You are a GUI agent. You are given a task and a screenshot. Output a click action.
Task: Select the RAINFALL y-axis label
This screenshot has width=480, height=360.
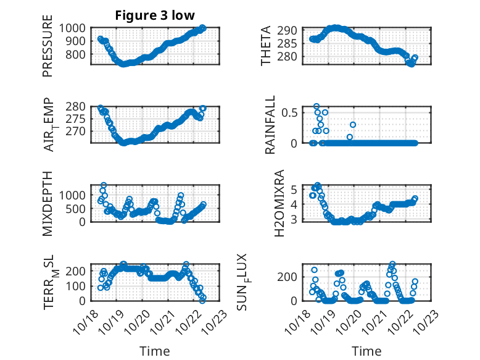[x=270, y=126]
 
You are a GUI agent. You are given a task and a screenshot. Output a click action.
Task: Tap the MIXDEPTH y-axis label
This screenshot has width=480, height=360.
[x=48, y=203]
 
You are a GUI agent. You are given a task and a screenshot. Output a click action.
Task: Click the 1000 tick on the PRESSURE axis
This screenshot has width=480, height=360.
[x=75, y=28]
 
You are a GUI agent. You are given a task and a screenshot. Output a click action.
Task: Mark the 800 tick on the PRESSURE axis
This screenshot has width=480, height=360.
[x=79, y=55]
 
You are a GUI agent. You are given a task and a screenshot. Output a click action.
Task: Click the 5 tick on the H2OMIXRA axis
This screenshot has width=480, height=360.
[x=295, y=189]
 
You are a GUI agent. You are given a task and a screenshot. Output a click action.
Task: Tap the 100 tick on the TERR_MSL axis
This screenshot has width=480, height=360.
[x=79, y=286]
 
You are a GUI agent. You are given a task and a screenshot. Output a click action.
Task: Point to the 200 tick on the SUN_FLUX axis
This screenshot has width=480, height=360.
[x=291, y=276]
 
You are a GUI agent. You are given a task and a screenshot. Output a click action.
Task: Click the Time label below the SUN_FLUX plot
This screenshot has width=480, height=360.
[x=366, y=351]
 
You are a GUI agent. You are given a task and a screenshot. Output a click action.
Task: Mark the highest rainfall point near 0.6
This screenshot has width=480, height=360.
[x=317, y=106]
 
